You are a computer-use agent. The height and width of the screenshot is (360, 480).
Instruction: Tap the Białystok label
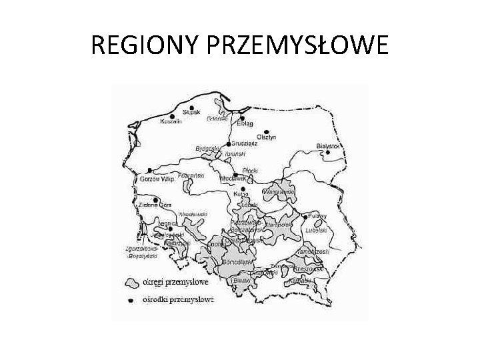[329, 145]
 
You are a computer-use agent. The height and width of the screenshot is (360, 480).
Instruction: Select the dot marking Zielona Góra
[155, 199]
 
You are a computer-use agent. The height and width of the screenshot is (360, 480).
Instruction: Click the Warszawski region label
[279, 192]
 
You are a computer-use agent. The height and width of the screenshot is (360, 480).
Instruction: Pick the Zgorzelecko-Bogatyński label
[141, 253]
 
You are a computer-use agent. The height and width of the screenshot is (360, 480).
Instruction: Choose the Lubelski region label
[316, 230]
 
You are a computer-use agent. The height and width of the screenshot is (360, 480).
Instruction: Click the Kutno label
[241, 194]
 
